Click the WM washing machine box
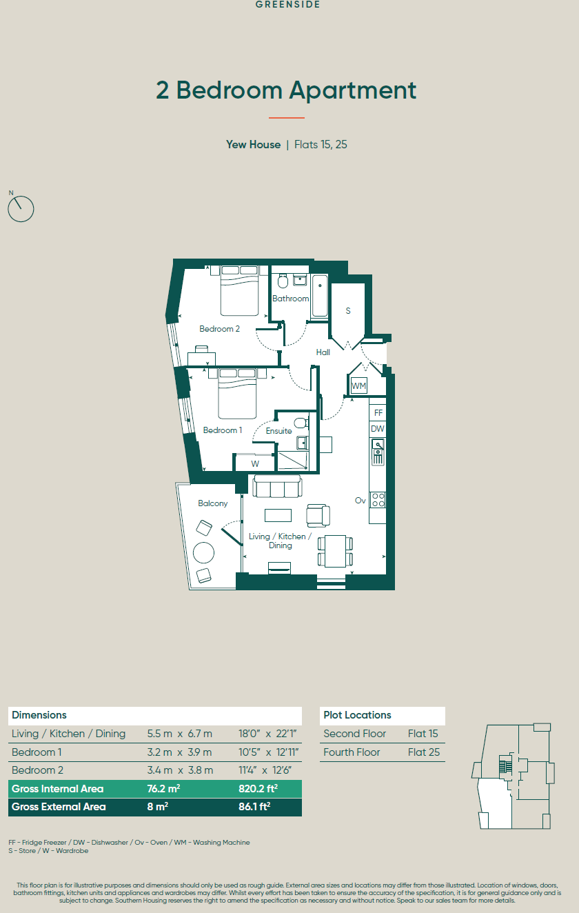[358, 385]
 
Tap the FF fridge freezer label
[378, 413]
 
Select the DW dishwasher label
[378, 429]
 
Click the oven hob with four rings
[378, 500]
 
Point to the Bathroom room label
[290, 299]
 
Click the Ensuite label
[278, 431]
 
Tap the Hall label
[323, 352]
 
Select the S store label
[348, 310]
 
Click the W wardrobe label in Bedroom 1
[255, 464]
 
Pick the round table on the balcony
[203, 552]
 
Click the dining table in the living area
[336, 551]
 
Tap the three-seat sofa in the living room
[277, 486]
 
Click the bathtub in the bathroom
[319, 296]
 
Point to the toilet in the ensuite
[301, 423]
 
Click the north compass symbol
[21, 208]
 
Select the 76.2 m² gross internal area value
[163, 789]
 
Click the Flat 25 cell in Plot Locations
[424, 752]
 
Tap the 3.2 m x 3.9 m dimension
[179, 752]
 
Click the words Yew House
[254, 145]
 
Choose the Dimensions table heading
[39, 715]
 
